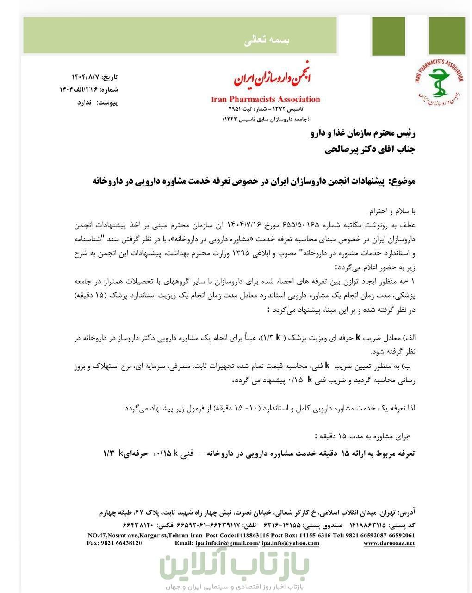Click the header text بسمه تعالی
coord(266,41)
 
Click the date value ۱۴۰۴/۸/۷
coord(86,76)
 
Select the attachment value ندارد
coord(85,102)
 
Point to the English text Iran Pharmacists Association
coord(265,99)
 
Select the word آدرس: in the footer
coord(406,513)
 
